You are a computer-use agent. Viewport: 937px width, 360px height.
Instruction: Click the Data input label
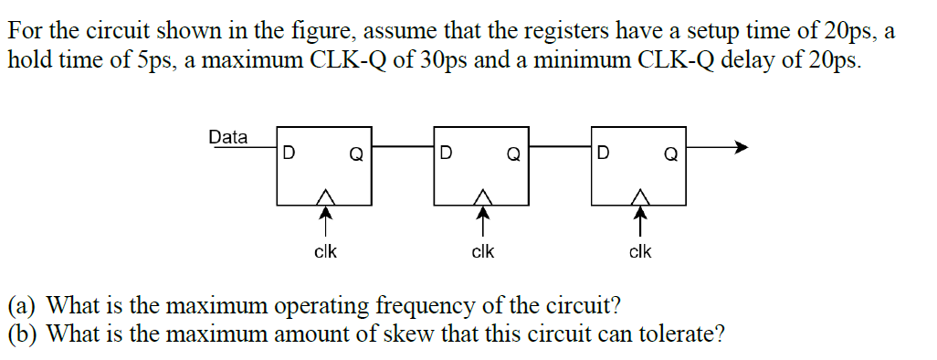point(227,137)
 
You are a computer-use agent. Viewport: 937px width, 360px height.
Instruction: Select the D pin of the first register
point(289,153)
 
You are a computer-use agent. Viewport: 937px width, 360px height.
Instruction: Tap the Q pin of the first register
point(356,154)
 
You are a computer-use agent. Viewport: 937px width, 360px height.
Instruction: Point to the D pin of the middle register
point(445,153)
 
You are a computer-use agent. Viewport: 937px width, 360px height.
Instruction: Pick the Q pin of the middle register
point(513,154)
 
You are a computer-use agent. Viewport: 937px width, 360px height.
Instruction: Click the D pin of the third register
point(603,153)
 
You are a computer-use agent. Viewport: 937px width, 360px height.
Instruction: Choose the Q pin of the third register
point(670,154)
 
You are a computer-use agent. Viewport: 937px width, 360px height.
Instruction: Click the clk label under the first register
point(325,250)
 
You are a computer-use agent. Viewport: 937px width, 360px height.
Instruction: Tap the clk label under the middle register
point(482,250)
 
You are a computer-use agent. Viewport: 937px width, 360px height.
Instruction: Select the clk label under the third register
point(640,250)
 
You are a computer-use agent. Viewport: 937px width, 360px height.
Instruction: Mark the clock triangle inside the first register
point(324,196)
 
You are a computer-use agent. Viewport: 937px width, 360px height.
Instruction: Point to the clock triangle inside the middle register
point(482,196)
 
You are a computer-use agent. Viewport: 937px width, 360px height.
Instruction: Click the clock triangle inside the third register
point(640,196)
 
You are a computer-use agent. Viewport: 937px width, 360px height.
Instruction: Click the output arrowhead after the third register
point(742,145)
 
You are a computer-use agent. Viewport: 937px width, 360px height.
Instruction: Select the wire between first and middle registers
point(403,145)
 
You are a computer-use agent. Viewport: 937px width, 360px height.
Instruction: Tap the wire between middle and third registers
point(560,145)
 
